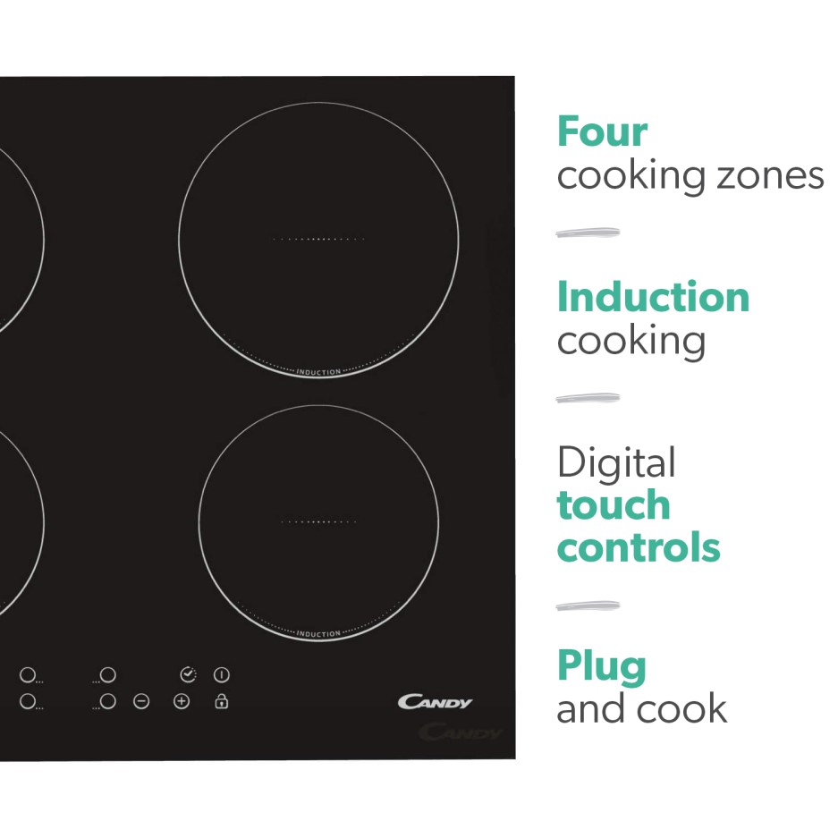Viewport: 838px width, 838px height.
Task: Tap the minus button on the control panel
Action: click(x=141, y=702)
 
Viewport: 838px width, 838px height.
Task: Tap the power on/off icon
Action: click(x=222, y=674)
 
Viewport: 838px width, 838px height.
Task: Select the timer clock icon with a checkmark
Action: click(x=187, y=674)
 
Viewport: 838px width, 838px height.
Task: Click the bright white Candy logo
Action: click(x=435, y=702)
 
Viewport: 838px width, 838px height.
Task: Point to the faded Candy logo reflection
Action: click(x=461, y=733)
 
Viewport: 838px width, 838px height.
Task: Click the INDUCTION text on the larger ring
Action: click(x=318, y=372)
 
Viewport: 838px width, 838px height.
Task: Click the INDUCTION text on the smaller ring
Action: click(x=318, y=634)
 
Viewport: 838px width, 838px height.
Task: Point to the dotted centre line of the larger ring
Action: click(x=318, y=240)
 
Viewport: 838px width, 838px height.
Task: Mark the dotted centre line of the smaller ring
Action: click(x=318, y=521)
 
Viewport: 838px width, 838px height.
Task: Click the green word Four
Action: click(x=601, y=132)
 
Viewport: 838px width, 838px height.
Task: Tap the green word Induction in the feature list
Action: click(x=653, y=298)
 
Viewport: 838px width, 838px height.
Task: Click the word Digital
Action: click(x=615, y=463)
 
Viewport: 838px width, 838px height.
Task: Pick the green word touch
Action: click(x=613, y=505)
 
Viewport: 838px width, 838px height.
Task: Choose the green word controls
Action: click(x=638, y=547)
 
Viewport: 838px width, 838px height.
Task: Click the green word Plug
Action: click(x=601, y=667)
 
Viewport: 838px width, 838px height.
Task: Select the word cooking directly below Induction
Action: click(x=631, y=341)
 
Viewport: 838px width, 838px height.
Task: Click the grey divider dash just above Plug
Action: click(x=587, y=606)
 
